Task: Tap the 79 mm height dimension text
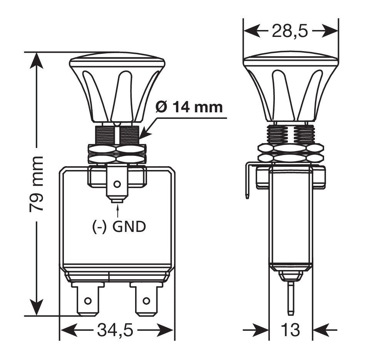(36, 184)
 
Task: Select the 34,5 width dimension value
(115, 330)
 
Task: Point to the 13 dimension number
(290, 330)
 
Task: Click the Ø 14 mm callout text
(189, 107)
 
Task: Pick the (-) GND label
(119, 227)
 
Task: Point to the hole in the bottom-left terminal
(88, 300)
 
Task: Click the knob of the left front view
(117, 88)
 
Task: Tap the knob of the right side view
(291, 88)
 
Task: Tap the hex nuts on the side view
(291, 152)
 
